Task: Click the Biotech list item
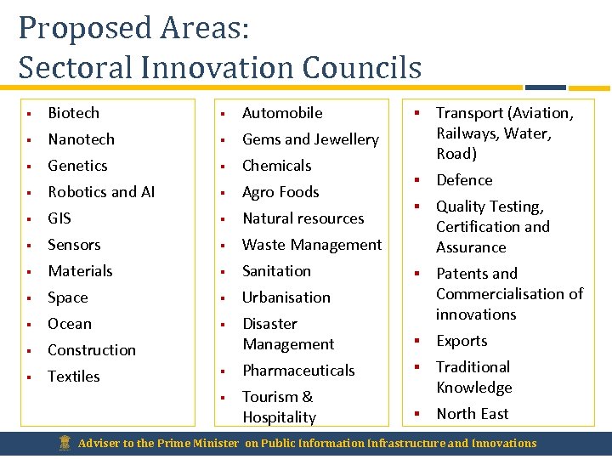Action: coord(73,113)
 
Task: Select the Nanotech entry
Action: coord(81,139)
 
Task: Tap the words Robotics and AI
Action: coord(101,192)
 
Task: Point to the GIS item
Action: coord(59,218)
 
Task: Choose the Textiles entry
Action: coord(73,377)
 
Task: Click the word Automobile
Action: coord(282,113)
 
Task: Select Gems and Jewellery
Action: coord(310,139)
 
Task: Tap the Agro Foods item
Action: coord(280,192)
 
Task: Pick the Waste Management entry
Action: coord(312,245)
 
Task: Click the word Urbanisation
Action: coord(286,297)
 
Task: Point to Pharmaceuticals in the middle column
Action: coord(298,371)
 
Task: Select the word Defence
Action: coord(464,180)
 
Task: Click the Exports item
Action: coord(462,341)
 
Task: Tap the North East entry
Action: coord(472,414)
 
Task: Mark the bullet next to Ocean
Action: coord(29,325)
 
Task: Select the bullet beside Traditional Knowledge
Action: coord(417,367)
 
